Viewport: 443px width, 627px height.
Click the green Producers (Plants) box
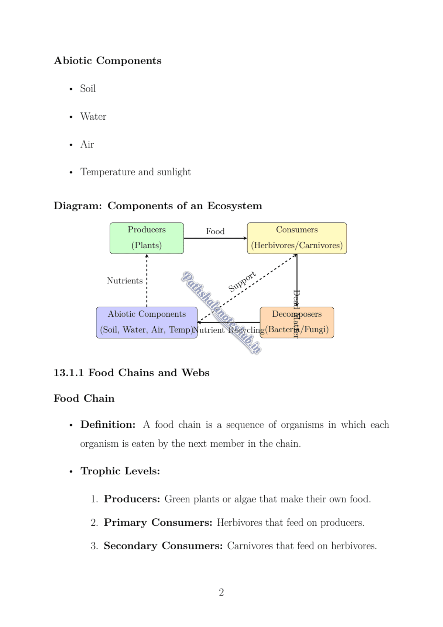[x=147, y=238]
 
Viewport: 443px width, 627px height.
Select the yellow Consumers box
[x=297, y=238]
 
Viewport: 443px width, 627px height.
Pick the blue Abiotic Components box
[x=147, y=322]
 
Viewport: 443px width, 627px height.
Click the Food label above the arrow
[x=215, y=231]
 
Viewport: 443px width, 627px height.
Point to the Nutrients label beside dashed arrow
[x=124, y=281]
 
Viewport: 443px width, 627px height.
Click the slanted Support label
[x=242, y=282]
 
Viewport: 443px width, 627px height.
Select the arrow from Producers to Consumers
[x=215, y=238]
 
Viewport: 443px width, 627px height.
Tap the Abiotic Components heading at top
[x=107, y=61]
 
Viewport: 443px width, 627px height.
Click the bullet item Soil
[x=88, y=89]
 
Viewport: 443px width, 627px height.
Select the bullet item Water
[x=93, y=117]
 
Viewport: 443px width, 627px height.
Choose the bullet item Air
[x=87, y=144]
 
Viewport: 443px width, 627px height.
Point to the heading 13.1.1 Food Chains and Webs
[x=131, y=372]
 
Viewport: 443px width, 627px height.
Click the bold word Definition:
[x=108, y=425]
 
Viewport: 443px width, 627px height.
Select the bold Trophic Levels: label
[x=120, y=471]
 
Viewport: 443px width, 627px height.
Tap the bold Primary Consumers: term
[x=158, y=522]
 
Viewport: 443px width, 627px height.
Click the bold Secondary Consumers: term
[x=163, y=546]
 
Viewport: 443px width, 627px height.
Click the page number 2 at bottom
[x=221, y=592]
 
